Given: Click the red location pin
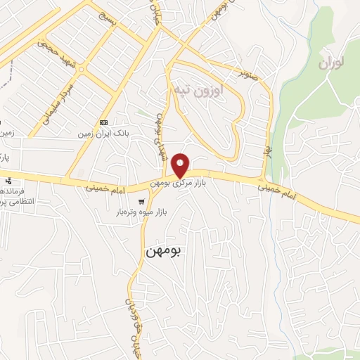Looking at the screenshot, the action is click(181, 165).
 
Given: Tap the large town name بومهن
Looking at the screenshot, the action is click(163, 250).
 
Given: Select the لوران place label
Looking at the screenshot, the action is click(333, 63).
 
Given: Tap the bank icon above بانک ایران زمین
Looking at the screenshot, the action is click(104, 120).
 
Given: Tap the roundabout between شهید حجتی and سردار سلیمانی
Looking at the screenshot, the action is click(82, 70).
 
